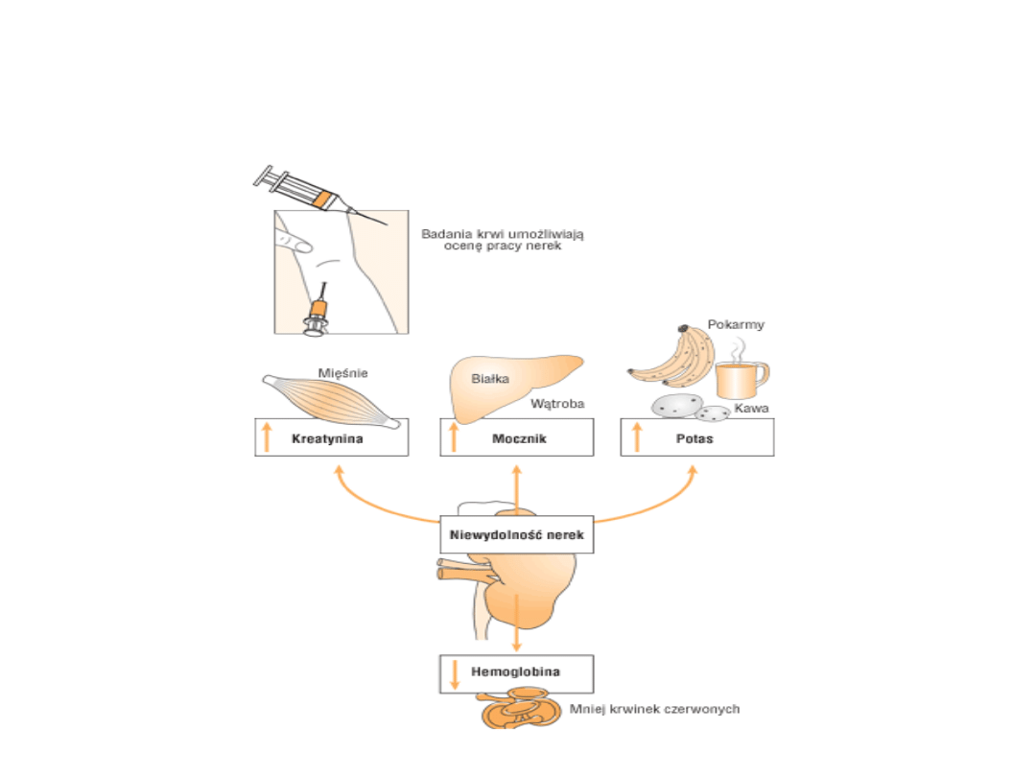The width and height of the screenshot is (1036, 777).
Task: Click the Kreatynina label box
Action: point(332,437)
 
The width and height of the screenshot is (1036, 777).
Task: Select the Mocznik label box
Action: point(517,437)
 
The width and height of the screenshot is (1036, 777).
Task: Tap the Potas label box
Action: point(697,437)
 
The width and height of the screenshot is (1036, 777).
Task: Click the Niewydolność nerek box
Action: point(517,534)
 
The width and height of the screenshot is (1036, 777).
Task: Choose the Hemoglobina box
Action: point(516,673)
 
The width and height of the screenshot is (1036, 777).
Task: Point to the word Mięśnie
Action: point(343,373)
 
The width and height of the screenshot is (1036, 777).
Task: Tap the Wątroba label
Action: point(557,404)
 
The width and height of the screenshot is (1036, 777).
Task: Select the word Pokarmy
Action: point(737,324)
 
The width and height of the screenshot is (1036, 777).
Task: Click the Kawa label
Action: point(752,409)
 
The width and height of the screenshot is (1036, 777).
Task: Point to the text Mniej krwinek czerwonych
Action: point(654,710)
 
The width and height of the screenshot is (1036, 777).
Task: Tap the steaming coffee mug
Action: point(741,379)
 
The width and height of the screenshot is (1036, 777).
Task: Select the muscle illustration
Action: point(332,398)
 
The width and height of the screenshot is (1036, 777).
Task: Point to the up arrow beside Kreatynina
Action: point(267,437)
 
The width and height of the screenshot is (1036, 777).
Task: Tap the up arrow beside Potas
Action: point(635,437)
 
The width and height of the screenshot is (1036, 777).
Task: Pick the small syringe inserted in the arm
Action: point(318,313)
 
